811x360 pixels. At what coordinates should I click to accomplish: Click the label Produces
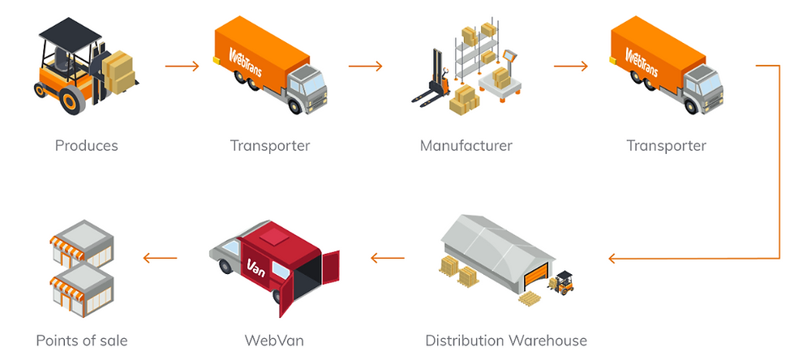pos(86,146)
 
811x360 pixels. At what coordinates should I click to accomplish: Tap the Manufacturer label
pos(466,146)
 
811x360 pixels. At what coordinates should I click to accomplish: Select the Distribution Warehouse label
pos(506,340)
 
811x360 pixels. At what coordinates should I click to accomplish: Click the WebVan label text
pos(274,340)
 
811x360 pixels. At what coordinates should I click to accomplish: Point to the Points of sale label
pos(82,340)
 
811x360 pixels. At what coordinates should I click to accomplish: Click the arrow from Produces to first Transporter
pos(182,66)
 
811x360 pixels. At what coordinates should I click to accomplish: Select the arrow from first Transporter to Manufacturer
pos(366,66)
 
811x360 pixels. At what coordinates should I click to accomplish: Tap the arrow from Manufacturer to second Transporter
pos(571,66)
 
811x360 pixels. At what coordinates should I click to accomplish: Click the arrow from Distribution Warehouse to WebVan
pos(388,259)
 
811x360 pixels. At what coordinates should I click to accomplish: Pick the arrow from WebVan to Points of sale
pos(160,259)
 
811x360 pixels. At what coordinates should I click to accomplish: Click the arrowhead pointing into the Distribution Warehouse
pos(614,259)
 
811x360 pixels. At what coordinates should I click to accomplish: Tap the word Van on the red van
pos(257,267)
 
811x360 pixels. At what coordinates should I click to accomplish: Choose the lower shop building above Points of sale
pos(81,290)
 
